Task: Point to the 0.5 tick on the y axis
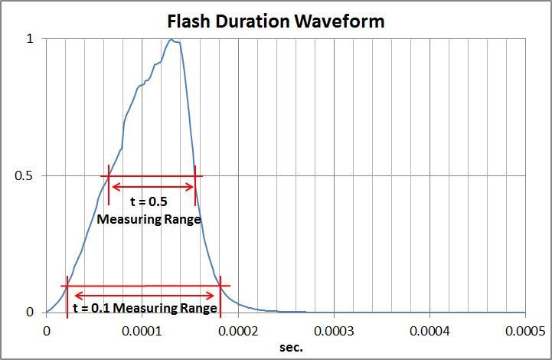(31, 175)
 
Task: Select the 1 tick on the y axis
(31, 38)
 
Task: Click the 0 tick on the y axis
(31, 313)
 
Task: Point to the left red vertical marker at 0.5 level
(109, 185)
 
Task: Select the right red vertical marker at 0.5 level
(195, 186)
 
